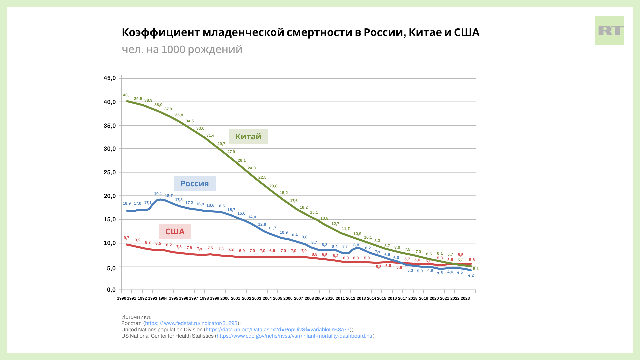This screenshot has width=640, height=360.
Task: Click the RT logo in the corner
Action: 609,31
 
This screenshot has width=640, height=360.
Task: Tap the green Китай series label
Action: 248,137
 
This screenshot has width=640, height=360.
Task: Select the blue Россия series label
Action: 195,184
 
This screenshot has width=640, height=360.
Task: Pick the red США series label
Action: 175,232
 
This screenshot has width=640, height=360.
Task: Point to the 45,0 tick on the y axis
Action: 110,78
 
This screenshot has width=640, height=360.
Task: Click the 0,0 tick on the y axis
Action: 111,290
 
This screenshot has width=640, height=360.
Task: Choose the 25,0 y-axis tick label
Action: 110,173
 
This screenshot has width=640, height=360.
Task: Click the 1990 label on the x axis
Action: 122,299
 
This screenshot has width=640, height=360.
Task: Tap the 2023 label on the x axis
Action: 465,299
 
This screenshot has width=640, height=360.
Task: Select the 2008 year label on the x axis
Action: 309,299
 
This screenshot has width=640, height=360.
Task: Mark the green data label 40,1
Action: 127,95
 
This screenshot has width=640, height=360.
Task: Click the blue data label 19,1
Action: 158,194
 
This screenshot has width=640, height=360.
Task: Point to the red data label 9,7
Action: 126,238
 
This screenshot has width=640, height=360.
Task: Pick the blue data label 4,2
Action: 471,276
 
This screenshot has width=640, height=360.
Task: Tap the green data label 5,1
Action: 476,269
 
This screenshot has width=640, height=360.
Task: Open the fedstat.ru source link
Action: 191,323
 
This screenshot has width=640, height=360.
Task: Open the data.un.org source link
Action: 278,330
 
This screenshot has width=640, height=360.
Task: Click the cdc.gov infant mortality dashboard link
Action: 295,336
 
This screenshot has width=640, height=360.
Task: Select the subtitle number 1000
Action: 173,49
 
